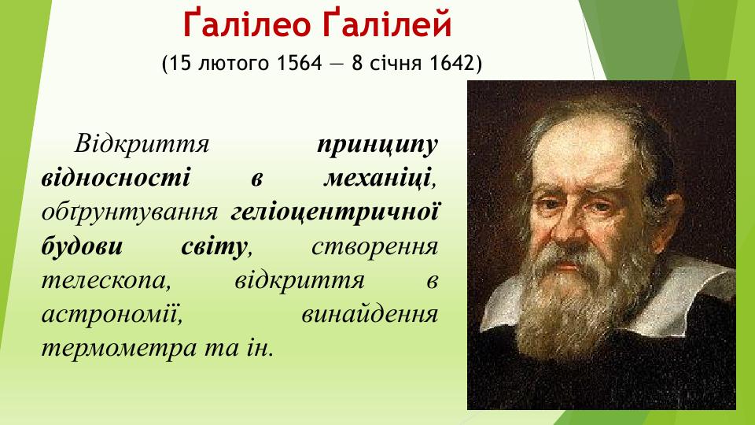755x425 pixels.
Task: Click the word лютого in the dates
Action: click(232, 63)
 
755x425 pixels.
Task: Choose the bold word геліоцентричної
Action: click(334, 212)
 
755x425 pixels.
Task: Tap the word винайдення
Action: click(369, 313)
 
